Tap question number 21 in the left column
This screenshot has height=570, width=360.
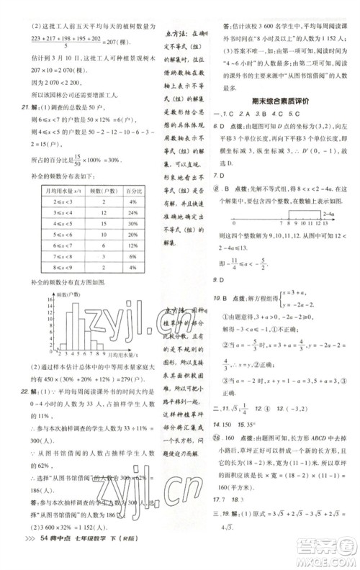[x=24, y=107]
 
